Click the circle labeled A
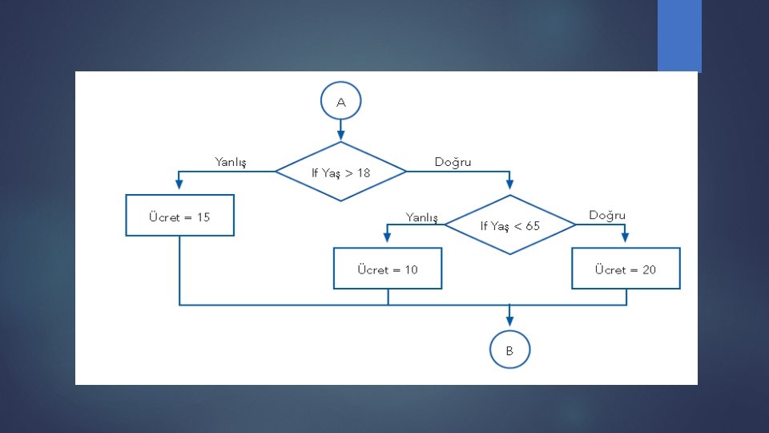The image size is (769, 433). click(x=341, y=102)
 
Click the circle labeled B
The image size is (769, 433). click(x=509, y=350)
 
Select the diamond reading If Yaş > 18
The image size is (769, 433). click(x=341, y=172)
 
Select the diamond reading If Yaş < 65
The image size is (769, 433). click(x=510, y=225)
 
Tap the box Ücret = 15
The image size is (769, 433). click(x=180, y=216)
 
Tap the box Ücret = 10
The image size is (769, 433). click(x=388, y=269)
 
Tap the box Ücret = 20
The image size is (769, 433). click(x=626, y=269)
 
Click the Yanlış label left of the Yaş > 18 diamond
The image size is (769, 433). click(x=231, y=162)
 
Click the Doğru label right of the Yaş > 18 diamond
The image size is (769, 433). click(x=453, y=162)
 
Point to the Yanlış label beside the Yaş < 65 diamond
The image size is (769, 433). click(x=422, y=216)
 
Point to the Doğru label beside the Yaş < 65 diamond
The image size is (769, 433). click(x=607, y=215)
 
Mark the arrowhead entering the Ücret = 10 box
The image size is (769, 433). click(x=388, y=238)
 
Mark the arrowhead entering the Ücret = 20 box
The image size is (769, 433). click(x=626, y=238)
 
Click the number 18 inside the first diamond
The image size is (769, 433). click(x=364, y=172)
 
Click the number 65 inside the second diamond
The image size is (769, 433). click(x=533, y=226)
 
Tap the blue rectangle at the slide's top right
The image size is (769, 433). click(x=679, y=36)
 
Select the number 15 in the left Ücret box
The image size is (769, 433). click(x=203, y=217)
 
